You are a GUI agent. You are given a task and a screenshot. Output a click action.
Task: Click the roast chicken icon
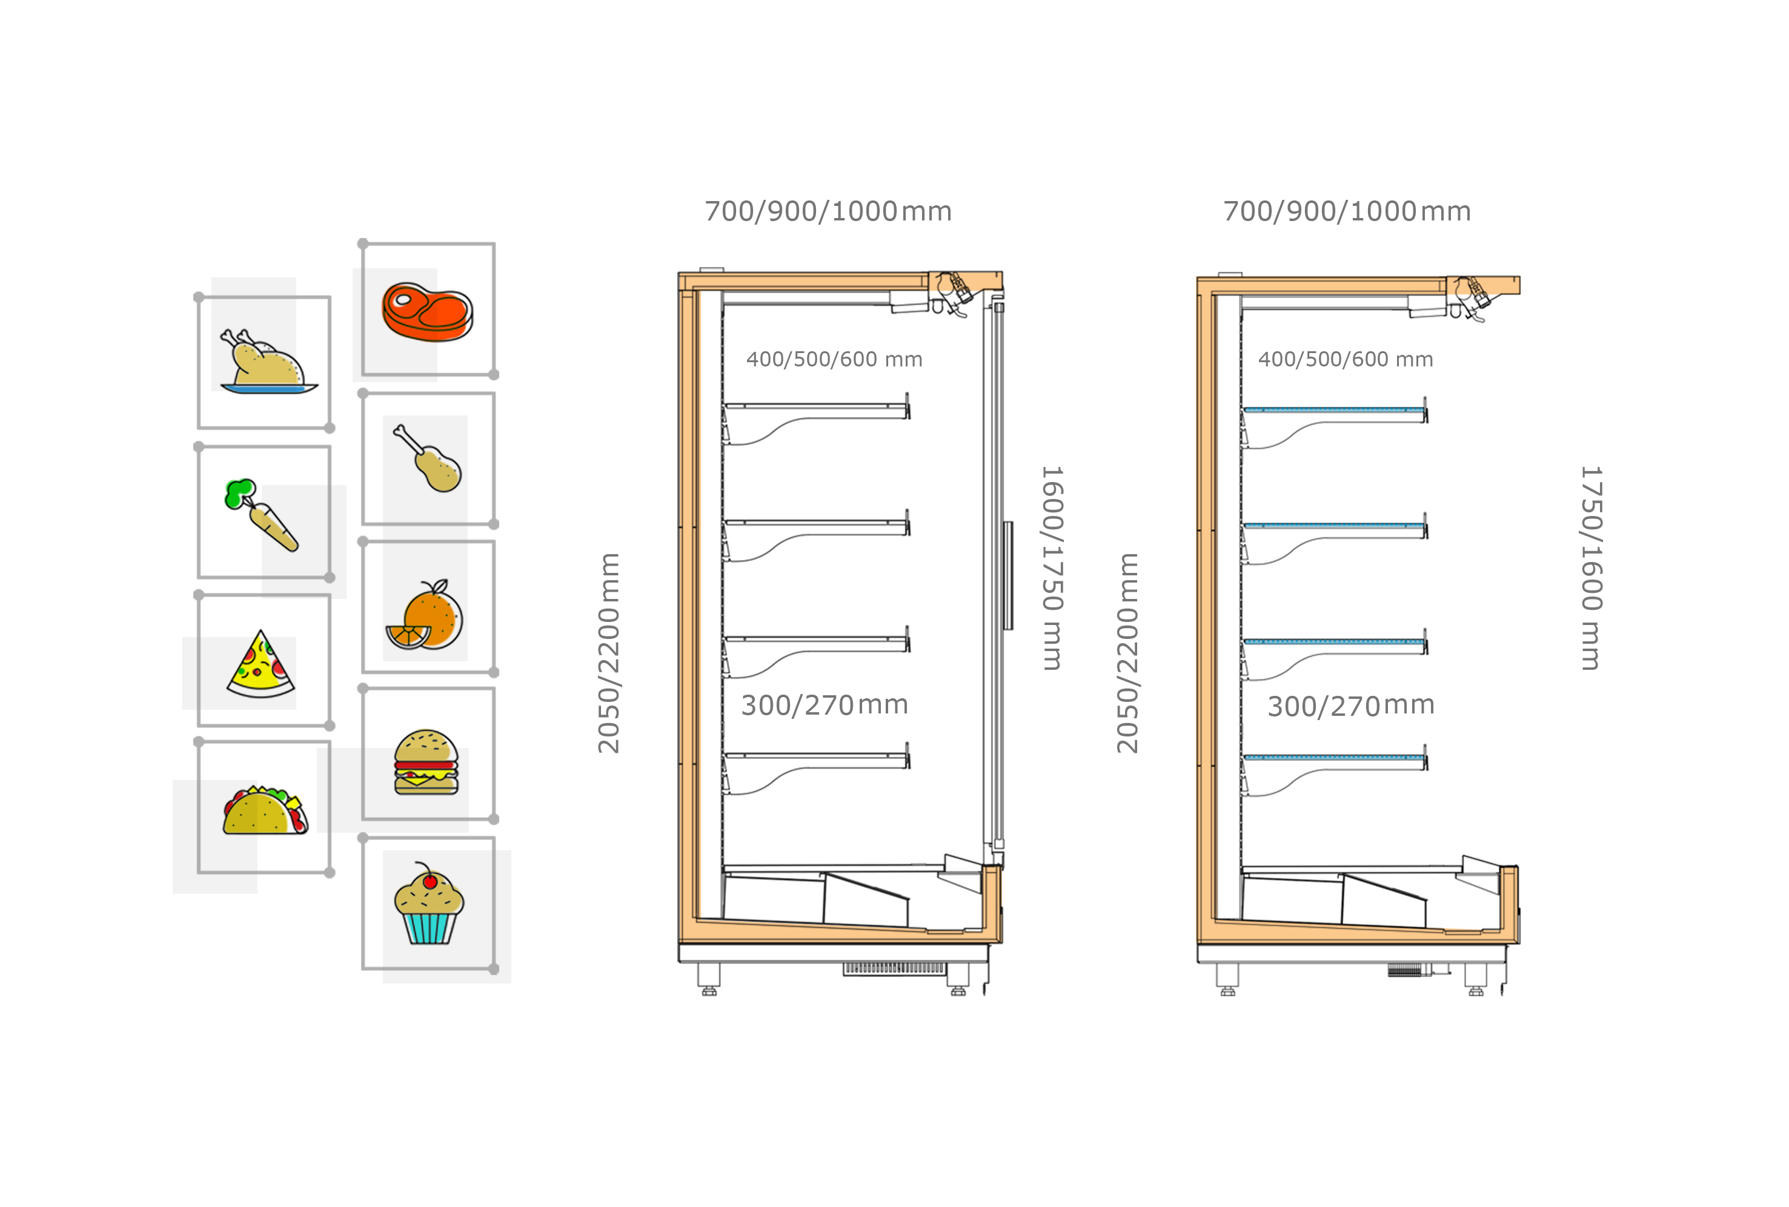tap(265, 360)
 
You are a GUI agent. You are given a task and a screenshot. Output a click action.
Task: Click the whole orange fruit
tap(433, 613)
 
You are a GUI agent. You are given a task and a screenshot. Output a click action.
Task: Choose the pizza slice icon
tap(260, 664)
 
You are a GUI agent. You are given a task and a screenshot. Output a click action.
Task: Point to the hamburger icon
tap(427, 761)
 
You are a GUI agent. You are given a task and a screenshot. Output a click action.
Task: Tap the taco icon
tap(265, 810)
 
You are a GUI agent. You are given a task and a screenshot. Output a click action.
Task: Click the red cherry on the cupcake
tap(430, 881)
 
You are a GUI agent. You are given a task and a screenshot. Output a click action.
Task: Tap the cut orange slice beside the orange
tap(407, 636)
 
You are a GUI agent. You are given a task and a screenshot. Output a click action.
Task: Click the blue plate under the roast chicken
tap(268, 389)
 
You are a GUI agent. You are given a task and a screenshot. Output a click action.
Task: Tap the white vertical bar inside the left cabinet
tap(921, 693)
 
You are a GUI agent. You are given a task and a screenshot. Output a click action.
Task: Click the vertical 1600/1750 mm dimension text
tap(1052, 568)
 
